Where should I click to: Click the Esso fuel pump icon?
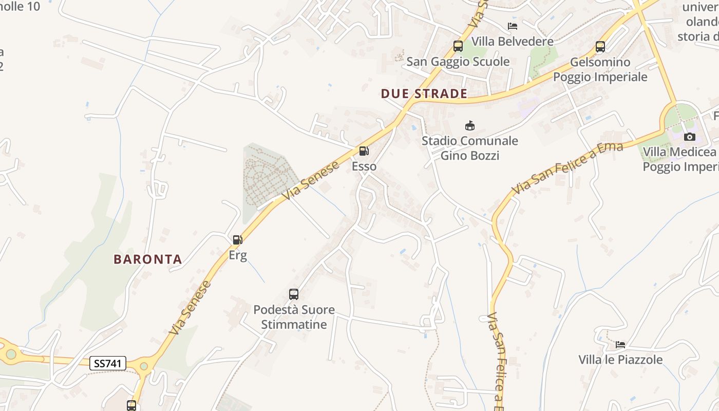[x=364, y=151]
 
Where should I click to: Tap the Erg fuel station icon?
[x=237, y=239]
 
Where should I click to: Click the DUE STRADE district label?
[x=424, y=94]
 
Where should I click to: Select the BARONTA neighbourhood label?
[x=148, y=259]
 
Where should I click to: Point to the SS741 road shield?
[x=108, y=363]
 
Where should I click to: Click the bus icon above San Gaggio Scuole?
[x=458, y=46]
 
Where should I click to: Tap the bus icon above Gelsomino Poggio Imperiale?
[x=600, y=47]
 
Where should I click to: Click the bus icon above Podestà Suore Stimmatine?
[x=294, y=294]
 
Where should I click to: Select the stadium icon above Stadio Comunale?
[x=469, y=125]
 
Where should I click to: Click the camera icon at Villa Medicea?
[x=690, y=137]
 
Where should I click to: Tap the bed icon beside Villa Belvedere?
[x=513, y=26]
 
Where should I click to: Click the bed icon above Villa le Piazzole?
[x=620, y=344]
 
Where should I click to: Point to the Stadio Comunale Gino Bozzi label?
[x=470, y=148]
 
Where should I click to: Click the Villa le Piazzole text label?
[x=620, y=360]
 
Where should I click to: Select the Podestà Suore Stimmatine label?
[x=294, y=317]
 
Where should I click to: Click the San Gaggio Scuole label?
[x=458, y=62]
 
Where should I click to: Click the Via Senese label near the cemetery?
[x=311, y=180]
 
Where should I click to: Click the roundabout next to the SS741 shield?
[x=143, y=366]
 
